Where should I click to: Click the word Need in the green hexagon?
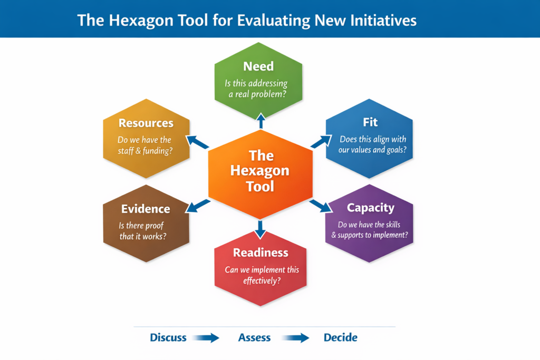pyautogui.click(x=258, y=66)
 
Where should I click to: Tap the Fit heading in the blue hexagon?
pyautogui.click(x=370, y=122)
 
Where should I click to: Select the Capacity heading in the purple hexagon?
pyautogui.click(x=370, y=208)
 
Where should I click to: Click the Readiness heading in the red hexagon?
pyautogui.click(x=261, y=252)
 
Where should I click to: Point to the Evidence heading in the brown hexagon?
pyautogui.click(x=146, y=209)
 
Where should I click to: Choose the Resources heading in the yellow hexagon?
pyautogui.click(x=146, y=123)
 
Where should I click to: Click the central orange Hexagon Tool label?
pyautogui.click(x=260, y=171)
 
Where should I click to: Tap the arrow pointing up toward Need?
pyautogui.click(x=261, y=120)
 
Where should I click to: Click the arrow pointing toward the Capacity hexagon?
pyautogui.click(x=320, y=205)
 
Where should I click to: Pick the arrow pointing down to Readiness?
pyautogui.click(x=261, y=229)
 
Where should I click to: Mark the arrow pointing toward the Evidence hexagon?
pyautogui.click(x=198, y=206)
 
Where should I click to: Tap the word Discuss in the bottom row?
pyautogui.click(x=168, y=337)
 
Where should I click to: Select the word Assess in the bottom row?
pyautogui.click(x=254, y=337)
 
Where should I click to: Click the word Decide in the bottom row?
pyautogui.click(x=340, y=337)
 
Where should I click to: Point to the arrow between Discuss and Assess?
pyautogui.click(x=206, y=338)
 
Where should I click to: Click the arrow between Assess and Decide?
pyautogui.click(x=296, y=338)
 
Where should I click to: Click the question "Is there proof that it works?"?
pyautogui.click(x=142, y=231)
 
